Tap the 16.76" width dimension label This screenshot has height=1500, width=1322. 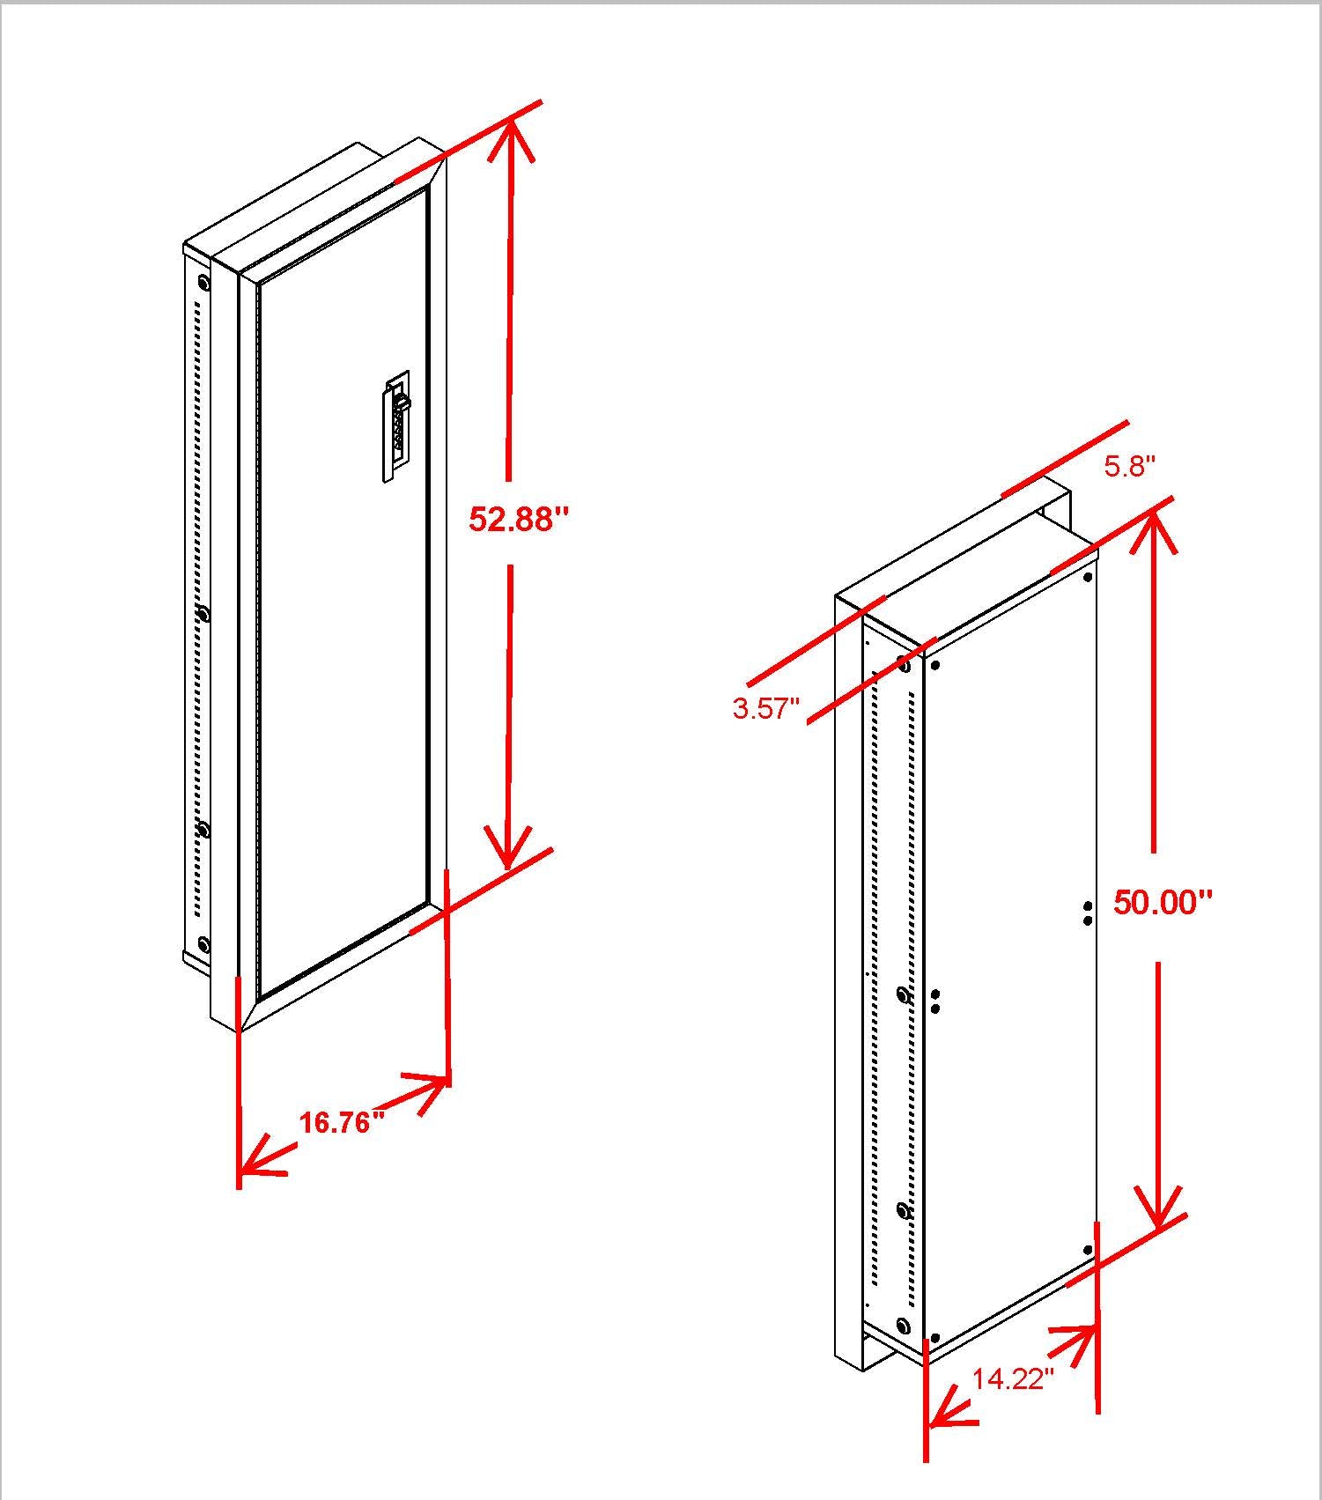pyautogui.click(x=342, y=1122)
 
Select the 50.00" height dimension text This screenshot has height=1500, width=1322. pyautogui.click(x=1163, y=902)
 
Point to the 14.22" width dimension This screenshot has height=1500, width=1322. pyautogui.click(x=1012, y=1378)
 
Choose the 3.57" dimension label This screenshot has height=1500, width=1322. pyautogui.click(x=765, y=708)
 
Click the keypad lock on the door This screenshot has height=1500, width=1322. pyautogui.click(x=397, y=426)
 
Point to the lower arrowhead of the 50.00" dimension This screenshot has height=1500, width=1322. pyautogui.click(x=1157, y=1211)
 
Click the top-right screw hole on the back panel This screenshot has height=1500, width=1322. pyautogui.click(x=1088, y=578)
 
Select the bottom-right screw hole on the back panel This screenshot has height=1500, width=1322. pyautogui.click(x=1088, y=1250)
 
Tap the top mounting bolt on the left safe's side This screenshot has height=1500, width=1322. pyautogui.click(x=203, y=283)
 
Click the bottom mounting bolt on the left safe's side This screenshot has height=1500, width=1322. pyautogui.click(x=203, y=945)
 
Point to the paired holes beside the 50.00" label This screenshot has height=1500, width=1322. pyautogui.click(x=1088, y=913)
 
